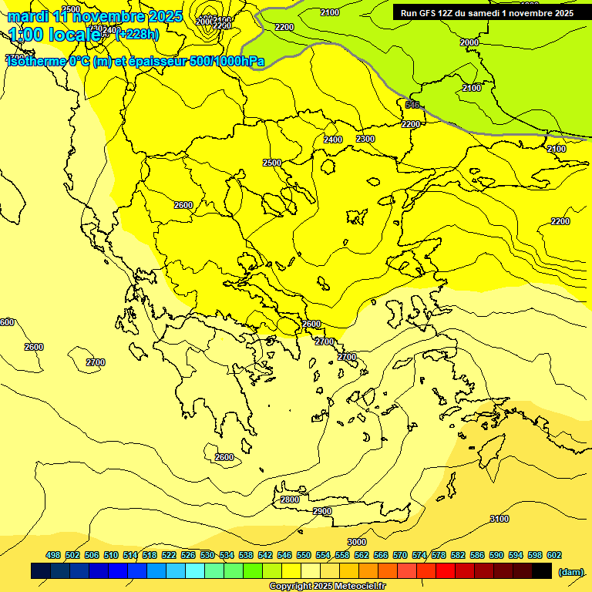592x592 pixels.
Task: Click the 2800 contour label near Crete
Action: point(290,499)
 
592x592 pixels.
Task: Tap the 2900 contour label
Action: point(322,511)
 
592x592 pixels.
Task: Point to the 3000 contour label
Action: point(356,542)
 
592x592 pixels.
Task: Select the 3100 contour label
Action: point(499,519)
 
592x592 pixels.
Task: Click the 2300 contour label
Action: point(365,139)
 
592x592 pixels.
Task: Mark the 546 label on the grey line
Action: point(412,105)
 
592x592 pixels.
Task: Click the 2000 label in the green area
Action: point(469,42)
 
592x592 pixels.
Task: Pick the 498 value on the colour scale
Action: point(53,555)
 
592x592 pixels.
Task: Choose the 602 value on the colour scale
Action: point(553,555)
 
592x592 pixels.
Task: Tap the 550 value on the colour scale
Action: point(304,555)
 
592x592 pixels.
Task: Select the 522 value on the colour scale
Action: point(169,555)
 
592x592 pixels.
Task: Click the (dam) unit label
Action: point(570,572)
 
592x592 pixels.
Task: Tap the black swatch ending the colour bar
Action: point(542,571)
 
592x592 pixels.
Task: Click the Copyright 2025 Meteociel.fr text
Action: point(327,586)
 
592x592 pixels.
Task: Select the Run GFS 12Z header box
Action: point(487,13)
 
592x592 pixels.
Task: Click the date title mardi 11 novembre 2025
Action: point(94,16)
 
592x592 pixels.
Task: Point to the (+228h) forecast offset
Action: point(136,34)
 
